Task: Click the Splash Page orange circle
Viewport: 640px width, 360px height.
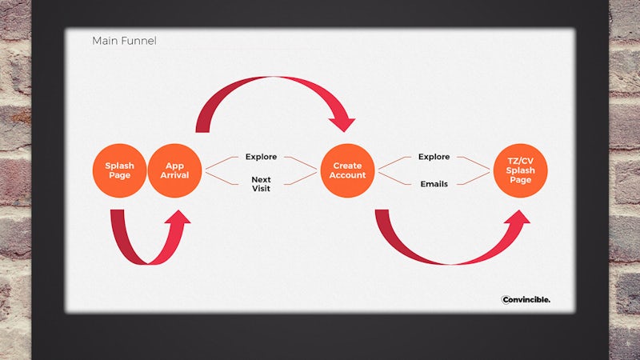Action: [119, 170]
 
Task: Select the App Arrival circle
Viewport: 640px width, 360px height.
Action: [174, 170]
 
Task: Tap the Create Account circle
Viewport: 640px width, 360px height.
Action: [347, 170]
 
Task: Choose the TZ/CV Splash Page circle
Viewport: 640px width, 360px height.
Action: [521, 170]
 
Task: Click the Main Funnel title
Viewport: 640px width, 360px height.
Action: [124, 41]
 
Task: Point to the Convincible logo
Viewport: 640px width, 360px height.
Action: [526, 299]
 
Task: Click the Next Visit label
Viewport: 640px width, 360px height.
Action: [262, 184]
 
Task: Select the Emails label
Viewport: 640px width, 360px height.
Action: [434, 184]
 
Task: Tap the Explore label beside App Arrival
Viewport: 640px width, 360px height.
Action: [262, 157]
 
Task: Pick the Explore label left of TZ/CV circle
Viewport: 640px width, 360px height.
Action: [434, 157]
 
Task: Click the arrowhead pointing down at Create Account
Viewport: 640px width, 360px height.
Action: [342, 124]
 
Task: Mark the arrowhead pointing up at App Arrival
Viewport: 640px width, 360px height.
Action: [178, 217]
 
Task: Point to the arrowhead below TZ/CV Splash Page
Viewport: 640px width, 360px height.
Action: [518, 217]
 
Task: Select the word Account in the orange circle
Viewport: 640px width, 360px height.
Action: [347, 175]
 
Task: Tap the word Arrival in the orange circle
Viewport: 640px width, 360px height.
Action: [174, 175]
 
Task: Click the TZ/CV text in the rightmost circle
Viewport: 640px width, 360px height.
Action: [521, 161]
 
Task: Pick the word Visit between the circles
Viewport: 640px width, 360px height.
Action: [262, 189]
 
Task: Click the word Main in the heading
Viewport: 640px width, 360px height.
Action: [103, 41]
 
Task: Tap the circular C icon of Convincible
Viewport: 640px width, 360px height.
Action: [506, 300]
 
